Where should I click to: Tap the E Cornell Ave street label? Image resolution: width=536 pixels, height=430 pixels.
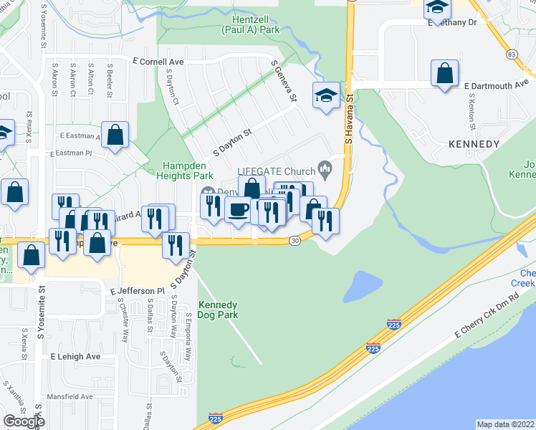pos(158,62)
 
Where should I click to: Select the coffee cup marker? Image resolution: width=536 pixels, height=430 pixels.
pos(238,209)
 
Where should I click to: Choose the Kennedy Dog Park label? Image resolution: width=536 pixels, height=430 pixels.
pos(218,309)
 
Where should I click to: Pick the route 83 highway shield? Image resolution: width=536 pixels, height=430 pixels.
pos(511,54)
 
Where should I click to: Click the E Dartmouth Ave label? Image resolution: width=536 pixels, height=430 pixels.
pos(496,86)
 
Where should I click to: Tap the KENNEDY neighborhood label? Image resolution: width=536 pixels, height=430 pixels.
pos(473,144)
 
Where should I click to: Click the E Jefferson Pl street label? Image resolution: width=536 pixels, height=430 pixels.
pos(138,291)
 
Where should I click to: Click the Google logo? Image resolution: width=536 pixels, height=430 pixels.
pos(23,421)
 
